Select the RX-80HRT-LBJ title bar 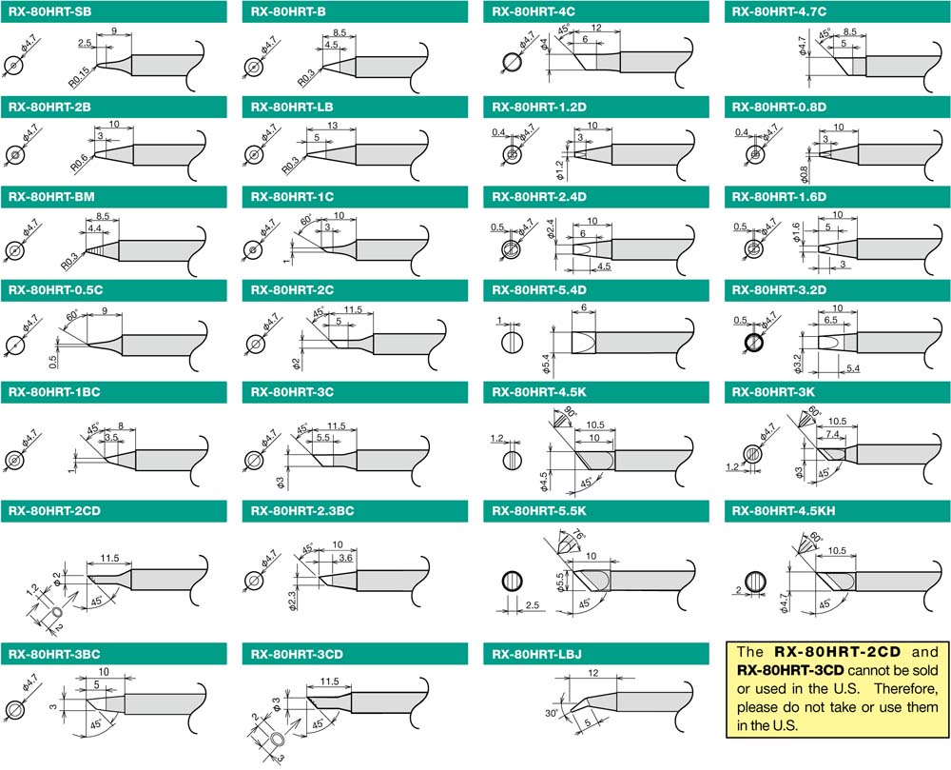(x=535, y=654)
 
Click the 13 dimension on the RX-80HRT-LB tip (x=332, y=127)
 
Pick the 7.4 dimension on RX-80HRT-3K (x=832, y=434)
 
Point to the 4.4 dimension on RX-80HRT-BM (x=94, y=229)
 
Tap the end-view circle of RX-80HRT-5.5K (x=512, y=581)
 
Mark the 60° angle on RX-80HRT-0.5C (x=71, y=314)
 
